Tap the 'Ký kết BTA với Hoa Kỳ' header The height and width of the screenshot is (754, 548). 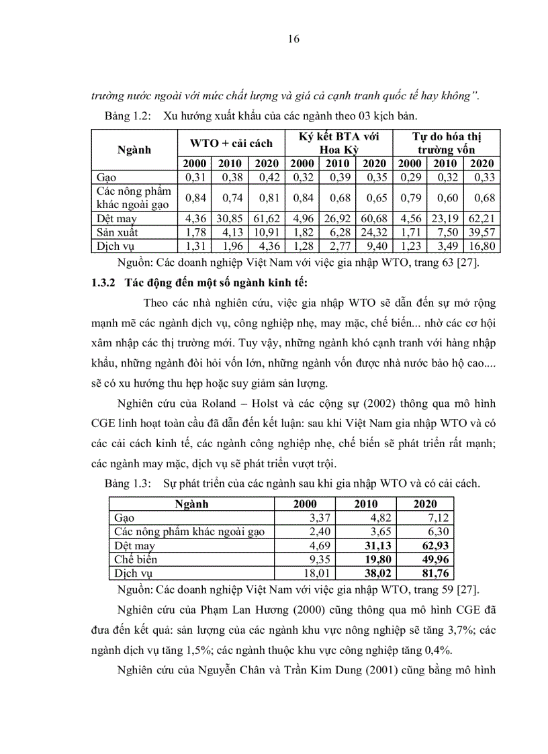(x=339, y=142)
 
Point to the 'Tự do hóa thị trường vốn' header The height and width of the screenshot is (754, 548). (x=447, y=142)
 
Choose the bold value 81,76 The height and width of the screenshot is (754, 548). (x=435, y=573)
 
